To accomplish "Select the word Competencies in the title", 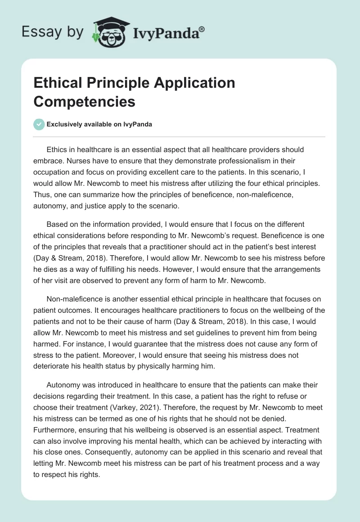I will [x=84, y=101].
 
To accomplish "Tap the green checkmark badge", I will [x=39, y=124].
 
